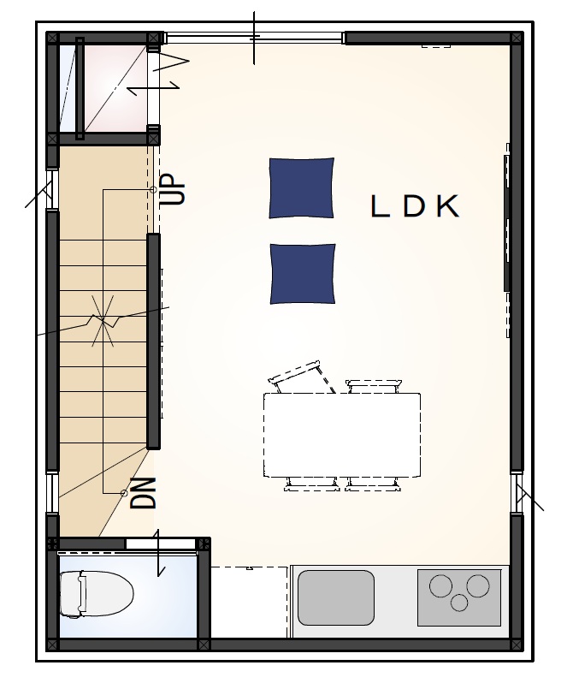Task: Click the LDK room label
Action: pos(416,207)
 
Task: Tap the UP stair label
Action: pos(173,189)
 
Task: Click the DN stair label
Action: pos(145,493)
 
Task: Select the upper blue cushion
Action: pos(302,187)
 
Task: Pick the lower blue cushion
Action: pos(303,273)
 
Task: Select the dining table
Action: pos(342,435)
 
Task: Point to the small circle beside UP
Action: pos(153,189)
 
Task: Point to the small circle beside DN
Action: pos(124,493)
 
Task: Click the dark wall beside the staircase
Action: pos(154,341)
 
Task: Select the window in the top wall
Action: pos(254,38)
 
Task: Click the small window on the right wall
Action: pos(517,491)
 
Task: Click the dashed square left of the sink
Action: pos(248,602)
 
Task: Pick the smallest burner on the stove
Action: pos(461,603)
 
